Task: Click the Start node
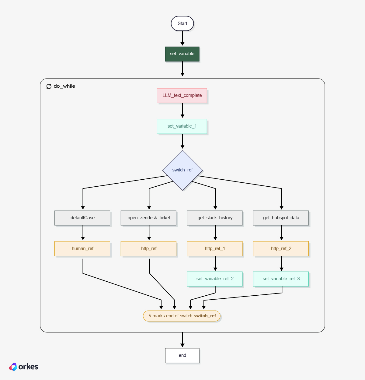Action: pyautogui.click(x=182, y=23)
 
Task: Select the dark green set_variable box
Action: pyautogui.click(x=182, y=54)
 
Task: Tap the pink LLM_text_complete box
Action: pyautogui.click(x=182, y=96)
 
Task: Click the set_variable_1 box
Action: pyautogui.click(x=182, y=126)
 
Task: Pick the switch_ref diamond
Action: pyautogui.click(x=182, y=170)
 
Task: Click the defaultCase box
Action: pyautogui.click(x=82, y=218)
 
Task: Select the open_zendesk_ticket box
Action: pyautogui.click(x=148, y=218)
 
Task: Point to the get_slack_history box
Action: pyautogui.click(x=215, y=218)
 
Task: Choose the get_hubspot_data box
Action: pyautogui.click(x=281, y=218)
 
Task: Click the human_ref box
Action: pyautogui.click(x=82, y=249)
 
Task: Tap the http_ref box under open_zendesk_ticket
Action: pyautogui.click(x=148, y=249)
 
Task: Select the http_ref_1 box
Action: pyautogui.click(x=215, y=249)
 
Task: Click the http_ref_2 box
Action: pyautogui.click(x=281, y=249)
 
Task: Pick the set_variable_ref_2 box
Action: pyautogui.click(x=215, y=279)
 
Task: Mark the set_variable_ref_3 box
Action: pyautogui.click(x=281, y=279)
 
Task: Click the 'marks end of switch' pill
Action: pyautogui.click(x=182, y=316)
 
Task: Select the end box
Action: pyautogui.click(x=182, y=356)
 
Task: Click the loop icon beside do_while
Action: pyautogui.click(x=49, y=86)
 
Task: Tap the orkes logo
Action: pyautogui.click(x=24, y=367)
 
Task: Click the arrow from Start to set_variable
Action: pyautogui.click(x=182, y=38)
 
